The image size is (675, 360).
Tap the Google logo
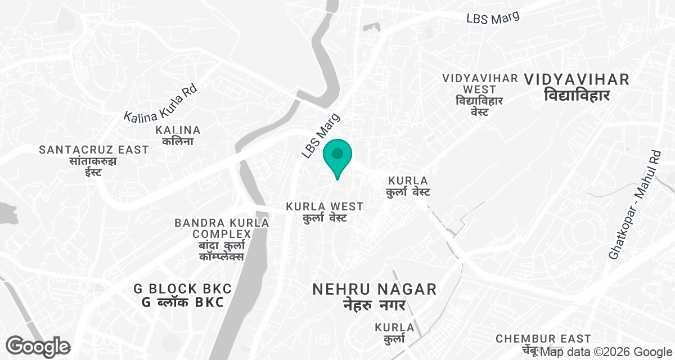point(38,346)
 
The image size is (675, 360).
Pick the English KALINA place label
point(178,130)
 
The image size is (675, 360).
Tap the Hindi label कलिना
point(178,142)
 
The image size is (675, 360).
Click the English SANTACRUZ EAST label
point(94,150)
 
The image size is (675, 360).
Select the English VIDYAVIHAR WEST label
point(480,84)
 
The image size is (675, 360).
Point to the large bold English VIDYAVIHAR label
point(577,80)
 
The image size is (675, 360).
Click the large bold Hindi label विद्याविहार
point(577,96)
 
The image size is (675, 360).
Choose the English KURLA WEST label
point(325,206)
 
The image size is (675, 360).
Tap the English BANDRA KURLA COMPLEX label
point(222,228)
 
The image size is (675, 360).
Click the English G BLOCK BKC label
point(182,289)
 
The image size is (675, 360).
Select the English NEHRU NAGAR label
point(375,289)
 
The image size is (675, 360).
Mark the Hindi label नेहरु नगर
point(375,305)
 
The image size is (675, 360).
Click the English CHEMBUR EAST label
point(543,339)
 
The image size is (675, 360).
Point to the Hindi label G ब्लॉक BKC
point(182,302)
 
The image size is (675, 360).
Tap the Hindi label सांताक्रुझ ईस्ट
point(94,166)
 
